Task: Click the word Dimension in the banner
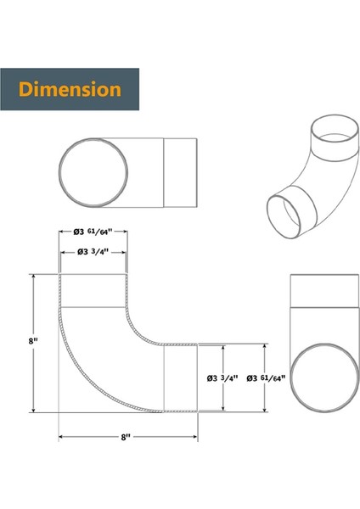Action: click(70, 89)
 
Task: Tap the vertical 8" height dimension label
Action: click(33, 341)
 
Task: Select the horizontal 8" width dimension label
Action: click(126, 437)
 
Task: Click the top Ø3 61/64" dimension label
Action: click(93, 232)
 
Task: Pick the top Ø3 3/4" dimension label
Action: click(93, 252)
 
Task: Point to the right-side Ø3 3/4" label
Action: click(222, 378)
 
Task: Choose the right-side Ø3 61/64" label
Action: click(266, 378)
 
